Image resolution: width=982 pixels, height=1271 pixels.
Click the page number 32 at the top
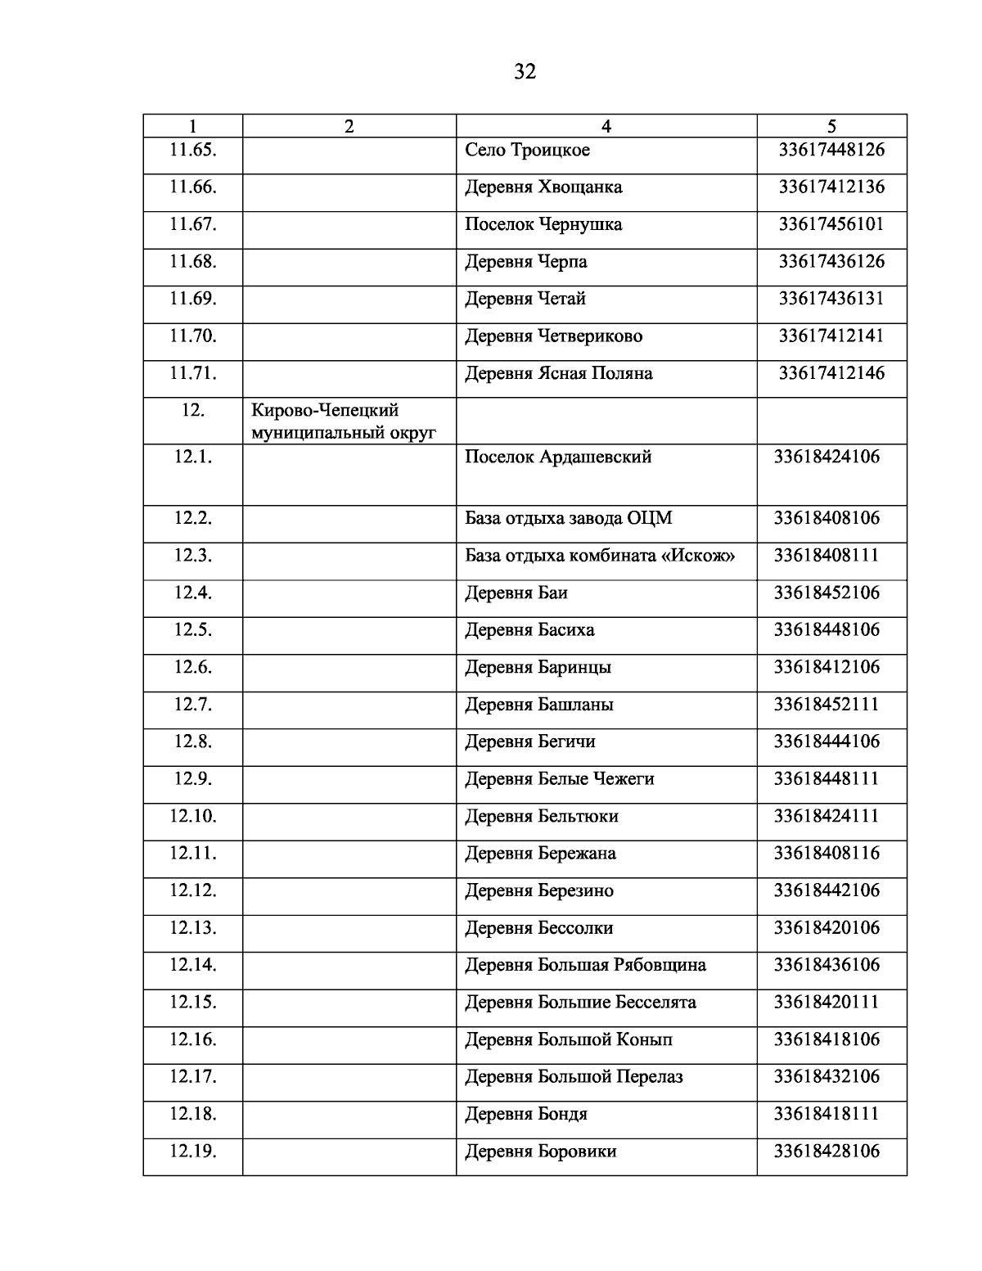(x=525, y=72)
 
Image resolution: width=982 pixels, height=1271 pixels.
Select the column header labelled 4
(x=606, y=126)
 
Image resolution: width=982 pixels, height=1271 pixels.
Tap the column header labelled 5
(x=831, y=126)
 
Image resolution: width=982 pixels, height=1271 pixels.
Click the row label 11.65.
(x=193, y=150)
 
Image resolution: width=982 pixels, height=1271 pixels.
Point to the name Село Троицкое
(x=527, y=151)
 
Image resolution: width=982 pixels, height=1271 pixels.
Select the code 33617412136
(x=831, y=187)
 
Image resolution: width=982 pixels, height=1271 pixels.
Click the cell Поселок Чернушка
(x=543, y=224)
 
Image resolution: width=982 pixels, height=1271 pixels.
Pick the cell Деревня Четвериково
(x=553, y=336)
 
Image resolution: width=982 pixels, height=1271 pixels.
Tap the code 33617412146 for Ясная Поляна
(x=831, y=373)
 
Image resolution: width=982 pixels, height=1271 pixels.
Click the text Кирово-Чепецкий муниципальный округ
(x=343, y=421)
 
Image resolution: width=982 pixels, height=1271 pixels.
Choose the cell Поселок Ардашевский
(x=558, y=457)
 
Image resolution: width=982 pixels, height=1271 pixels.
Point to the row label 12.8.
(x=193, y=741)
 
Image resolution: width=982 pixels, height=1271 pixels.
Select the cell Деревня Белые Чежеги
(x=560, y=779)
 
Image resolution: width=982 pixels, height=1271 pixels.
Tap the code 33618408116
(x=827, y=854)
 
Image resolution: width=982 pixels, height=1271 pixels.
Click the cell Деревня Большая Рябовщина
(x=585, y=966)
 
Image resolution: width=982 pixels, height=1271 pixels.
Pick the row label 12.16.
(x=193, y=1039)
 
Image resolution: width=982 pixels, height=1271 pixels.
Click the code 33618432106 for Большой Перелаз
(x=827, y=1077)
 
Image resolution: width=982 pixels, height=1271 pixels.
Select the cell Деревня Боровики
(x=541, y=1152)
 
